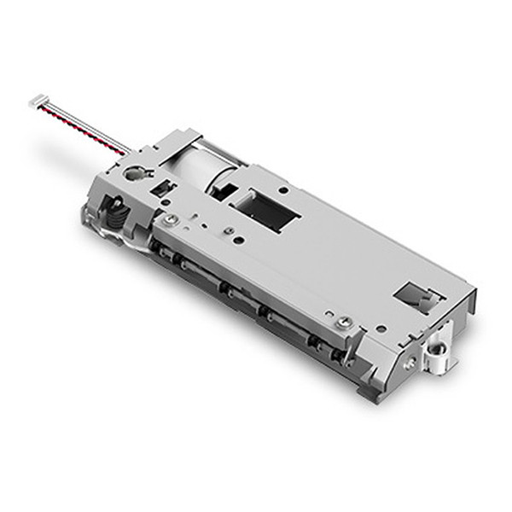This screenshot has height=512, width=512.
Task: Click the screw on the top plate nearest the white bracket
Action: [345, 321]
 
